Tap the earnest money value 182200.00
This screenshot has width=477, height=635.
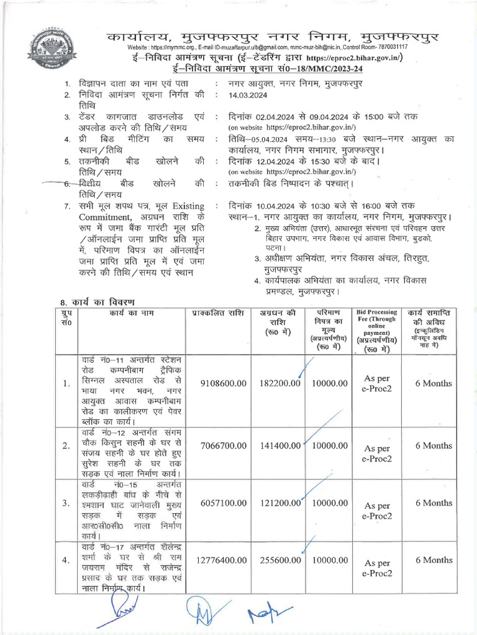tap(279, 384)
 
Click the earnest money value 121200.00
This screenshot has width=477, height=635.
tap(279, 504)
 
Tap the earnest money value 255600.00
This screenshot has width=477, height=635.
tap(279, 561)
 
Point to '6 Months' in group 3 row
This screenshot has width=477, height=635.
tap(434, 503)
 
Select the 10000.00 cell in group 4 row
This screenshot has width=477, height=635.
tap(329, 561)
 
